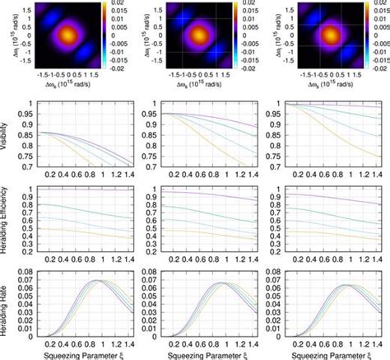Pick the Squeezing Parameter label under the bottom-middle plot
click(201, 353)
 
